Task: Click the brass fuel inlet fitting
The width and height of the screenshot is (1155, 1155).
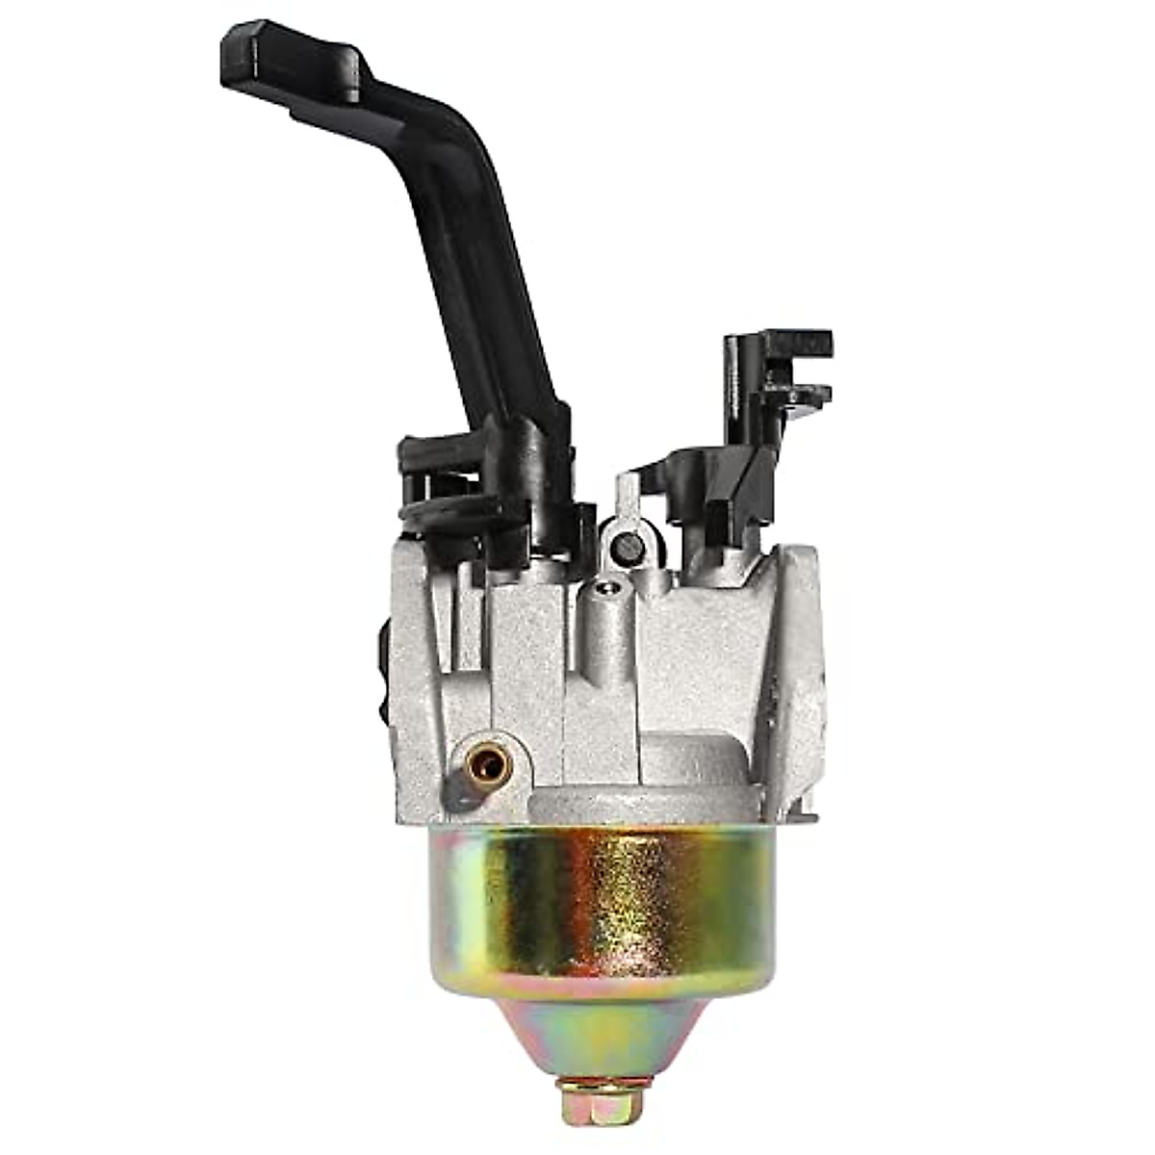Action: click(x=489, y=765)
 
